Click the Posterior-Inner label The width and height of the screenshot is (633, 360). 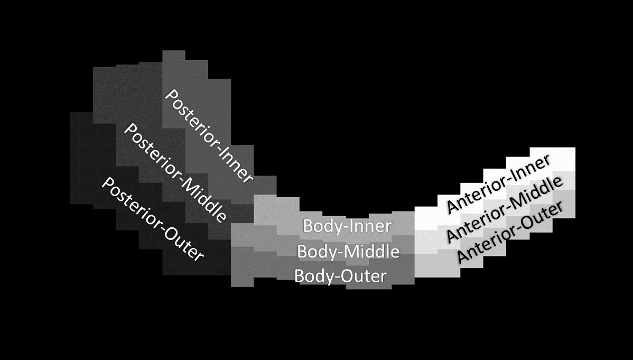[209, 136]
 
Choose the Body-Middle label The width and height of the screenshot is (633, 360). [348, 252]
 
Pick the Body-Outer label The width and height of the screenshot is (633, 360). [340, 276]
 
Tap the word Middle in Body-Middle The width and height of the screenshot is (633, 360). [373, 252]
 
